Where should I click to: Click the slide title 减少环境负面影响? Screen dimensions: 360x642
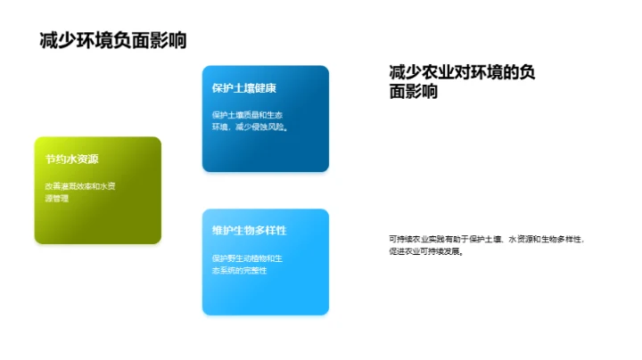(113, 41)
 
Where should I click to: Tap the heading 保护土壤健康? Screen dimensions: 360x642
(244, 88)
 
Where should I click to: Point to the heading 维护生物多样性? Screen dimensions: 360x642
(249, 231)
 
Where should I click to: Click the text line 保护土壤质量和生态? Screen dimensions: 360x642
(247, 114)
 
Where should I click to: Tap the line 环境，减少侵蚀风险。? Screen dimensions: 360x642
(249, 127)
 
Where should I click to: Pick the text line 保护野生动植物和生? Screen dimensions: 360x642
(247, 258)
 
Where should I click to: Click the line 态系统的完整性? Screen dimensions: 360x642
(239, 270)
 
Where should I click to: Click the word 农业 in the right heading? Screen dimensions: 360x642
(440, 71)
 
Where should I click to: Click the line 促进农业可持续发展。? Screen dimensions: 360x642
(427, 251)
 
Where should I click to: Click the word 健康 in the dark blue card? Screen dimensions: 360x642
(266, 88)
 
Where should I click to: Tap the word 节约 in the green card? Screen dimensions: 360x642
(55, 160)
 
